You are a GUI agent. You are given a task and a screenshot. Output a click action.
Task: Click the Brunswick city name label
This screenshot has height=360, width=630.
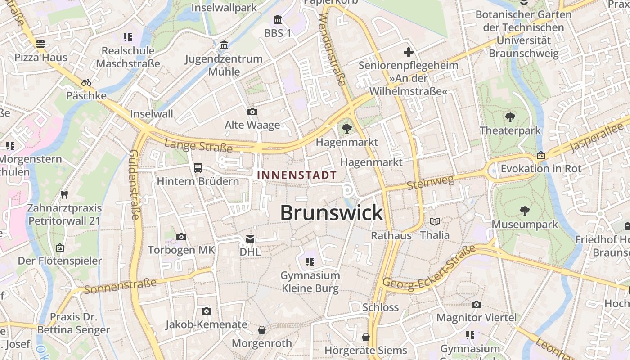[332, 213]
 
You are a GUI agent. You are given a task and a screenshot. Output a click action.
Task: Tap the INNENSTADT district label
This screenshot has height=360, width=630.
[297, 175]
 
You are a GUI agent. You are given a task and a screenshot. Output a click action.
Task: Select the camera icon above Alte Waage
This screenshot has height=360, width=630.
[252, 112]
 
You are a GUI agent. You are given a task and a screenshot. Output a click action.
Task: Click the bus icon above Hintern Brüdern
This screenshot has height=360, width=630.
[198, 168]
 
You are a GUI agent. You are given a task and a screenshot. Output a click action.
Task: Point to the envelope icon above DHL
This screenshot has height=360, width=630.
[250, 238]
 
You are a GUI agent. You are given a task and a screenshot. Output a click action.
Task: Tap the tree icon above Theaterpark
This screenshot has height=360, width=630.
[510, 117]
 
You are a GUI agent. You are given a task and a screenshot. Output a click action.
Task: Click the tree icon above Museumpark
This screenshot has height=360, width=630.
[524, 211]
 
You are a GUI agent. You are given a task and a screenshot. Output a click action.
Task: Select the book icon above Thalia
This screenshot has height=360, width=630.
[435, 221]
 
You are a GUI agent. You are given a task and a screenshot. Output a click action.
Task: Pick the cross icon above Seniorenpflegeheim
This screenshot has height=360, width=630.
[408, 52]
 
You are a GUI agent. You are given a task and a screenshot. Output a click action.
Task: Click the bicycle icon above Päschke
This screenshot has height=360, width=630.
[86, 82]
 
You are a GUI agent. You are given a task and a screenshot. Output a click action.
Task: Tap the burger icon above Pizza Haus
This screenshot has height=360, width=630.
[40, 44]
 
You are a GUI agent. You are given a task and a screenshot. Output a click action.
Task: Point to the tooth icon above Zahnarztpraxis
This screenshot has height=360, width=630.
[64, 195]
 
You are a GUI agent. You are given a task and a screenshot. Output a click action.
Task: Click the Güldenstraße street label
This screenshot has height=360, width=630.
[134, 184]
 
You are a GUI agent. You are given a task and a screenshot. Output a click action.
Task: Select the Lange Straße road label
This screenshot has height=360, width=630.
[198, 146]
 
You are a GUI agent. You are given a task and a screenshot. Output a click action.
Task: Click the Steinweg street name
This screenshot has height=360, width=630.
[430, 182]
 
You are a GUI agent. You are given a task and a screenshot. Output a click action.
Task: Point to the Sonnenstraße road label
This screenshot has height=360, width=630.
[120, 286]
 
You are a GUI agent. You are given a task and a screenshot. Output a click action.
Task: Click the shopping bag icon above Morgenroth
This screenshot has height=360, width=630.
[262, 330]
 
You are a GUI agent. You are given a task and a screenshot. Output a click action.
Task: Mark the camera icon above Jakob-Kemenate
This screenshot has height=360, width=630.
[206, 311]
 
